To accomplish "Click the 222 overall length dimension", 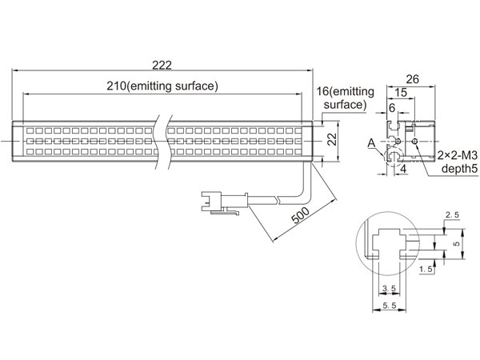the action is point(162,65).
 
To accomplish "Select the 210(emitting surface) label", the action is point(162,86).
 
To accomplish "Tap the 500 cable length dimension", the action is point(300,215).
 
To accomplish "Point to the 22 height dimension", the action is point(333,139).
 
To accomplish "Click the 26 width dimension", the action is point(412,79).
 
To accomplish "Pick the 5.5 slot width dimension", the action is point(390,306).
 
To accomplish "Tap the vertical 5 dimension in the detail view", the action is point(457,244).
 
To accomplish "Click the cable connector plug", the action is point(224,202).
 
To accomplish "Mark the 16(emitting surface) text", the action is point(346,98).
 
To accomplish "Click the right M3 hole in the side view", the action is point(414,141).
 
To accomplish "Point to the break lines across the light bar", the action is point(163,142).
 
